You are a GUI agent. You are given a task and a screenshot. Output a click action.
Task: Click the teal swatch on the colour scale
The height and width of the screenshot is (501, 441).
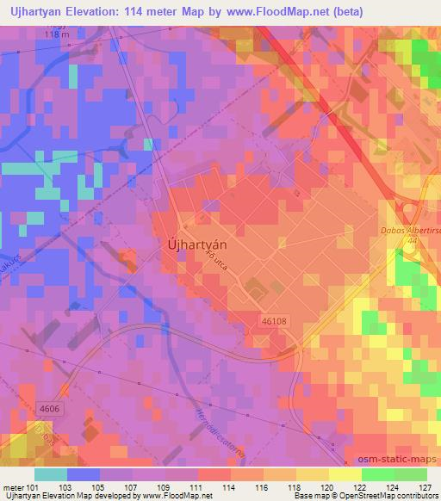point(50,474)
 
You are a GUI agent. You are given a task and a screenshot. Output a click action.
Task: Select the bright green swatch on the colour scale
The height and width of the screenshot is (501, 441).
point(378,474)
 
